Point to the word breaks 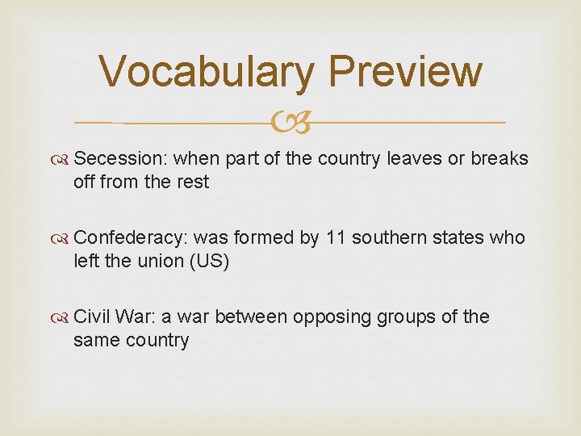(x=500, y=159)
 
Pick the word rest (x=193, y=182)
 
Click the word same (x=95, y=340)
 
